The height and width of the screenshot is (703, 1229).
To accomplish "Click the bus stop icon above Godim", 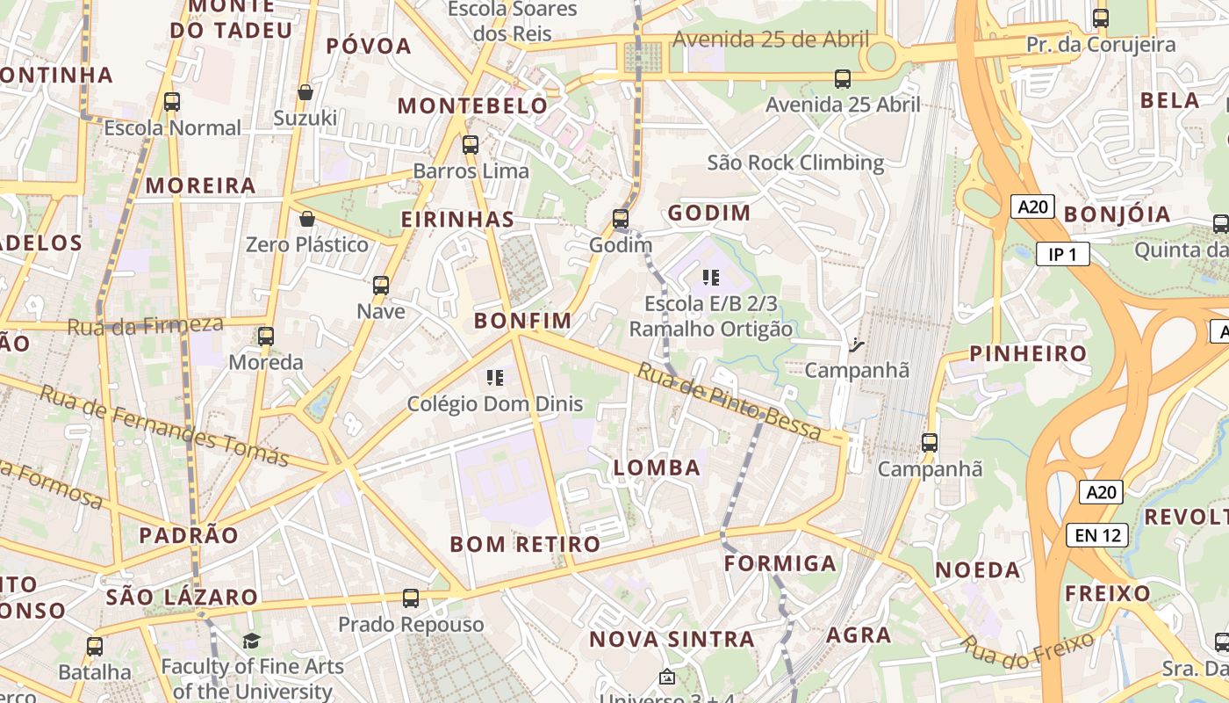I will pos(621,218).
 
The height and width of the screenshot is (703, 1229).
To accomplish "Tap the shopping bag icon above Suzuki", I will pos(305,92).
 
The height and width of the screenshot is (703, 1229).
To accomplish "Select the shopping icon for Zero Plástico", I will pos(307,219).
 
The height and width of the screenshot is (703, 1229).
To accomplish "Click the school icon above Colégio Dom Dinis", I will pos(494,378).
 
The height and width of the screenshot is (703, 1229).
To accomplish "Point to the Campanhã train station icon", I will pos(857,344).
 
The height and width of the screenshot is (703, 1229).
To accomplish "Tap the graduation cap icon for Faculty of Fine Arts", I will pos(252,641).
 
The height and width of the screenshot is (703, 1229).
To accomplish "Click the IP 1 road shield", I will pos(1062,255).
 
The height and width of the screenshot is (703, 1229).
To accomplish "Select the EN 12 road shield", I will pos(1097,534).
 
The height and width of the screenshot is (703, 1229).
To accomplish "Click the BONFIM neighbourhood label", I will pos(522,321).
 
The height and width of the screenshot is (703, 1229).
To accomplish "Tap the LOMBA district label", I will pos(658,468).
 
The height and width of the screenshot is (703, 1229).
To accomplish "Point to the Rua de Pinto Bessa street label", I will pos(729,401).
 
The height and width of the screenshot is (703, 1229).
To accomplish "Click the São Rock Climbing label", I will pos(795,163).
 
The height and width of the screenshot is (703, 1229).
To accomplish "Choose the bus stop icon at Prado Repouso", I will pos(410,598).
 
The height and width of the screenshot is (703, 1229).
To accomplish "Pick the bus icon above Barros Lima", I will pos(471,144).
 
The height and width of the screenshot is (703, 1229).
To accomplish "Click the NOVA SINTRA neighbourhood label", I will pos(672,639).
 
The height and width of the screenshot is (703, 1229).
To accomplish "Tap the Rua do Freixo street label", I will pos(1027,649).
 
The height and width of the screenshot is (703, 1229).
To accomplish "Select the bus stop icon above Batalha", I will pos(94,647).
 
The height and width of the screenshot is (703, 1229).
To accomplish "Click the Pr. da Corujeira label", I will pos(1101,44).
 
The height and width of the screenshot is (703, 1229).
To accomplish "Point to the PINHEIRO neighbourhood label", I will pos(1028,354).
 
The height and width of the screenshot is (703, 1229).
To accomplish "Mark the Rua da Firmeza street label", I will pos(145,325).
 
